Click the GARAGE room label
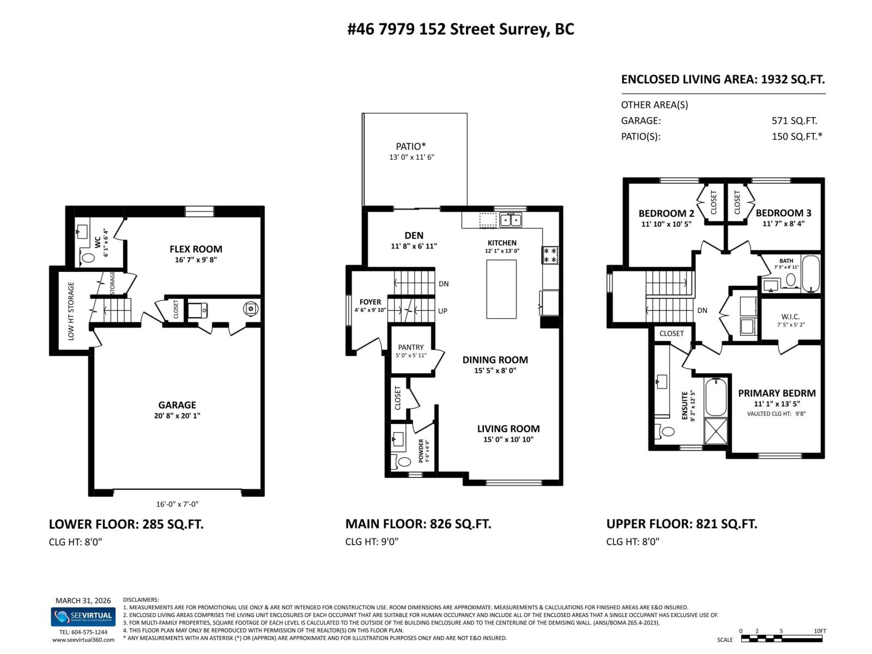[x=177, y=405]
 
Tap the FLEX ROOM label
[x=196, y=249]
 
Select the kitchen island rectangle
[x=501, y=289]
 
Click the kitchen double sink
[x=511, y=220]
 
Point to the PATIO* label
[x=410, y=146]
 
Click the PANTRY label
[x=410, y=347]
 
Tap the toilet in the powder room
[x=404, y=462]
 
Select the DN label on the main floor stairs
[x=443, y=284]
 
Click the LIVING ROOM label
[x=508, y=429]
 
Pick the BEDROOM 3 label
[x=779, y=213]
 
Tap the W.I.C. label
[x=790, y=317]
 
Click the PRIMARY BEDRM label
[x=777, y=393]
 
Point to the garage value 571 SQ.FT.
[x=794, y=121]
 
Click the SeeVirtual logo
[x=83, y=617]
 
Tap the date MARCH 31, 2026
[x=83, y=601]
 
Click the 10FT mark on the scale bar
[x=819, y=631]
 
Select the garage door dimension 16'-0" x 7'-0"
[x=177, y=504]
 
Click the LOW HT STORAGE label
[x=71, y=311]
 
